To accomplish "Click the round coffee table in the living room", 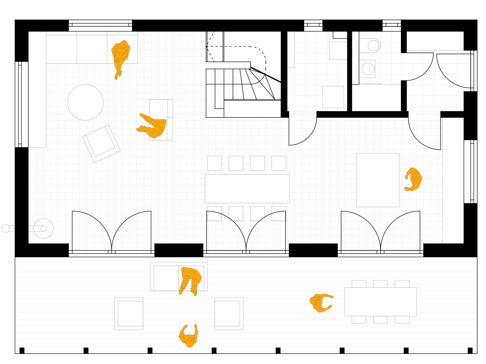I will click(85, 102).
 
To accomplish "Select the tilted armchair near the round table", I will click(101, 143).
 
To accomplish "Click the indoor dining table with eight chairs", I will click(247, 188).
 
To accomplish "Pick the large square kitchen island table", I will click(378, 180).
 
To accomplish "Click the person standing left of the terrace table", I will click(320, 302).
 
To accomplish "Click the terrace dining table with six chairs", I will click(380, 302).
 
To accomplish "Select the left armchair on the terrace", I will click(129, 313).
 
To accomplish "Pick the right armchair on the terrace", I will click(229, 313).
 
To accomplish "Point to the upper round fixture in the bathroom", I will click(373, 46).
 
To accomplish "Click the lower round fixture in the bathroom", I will click(368, 69).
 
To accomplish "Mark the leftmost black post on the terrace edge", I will click(22, 350).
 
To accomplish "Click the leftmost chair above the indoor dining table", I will click(214, 163).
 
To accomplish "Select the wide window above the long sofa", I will click(100, 25).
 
